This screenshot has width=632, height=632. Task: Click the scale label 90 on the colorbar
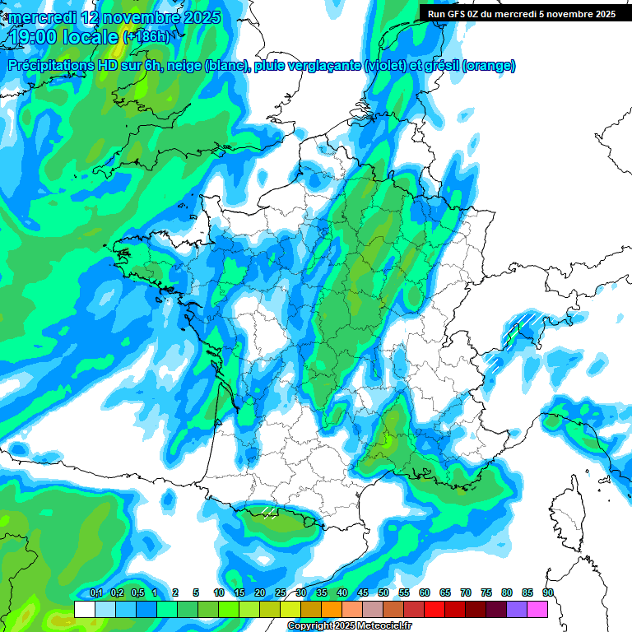coord(548,592)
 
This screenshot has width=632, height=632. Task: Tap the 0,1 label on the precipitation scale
coord(96,592)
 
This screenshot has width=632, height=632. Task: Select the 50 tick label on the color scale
coord(383,592)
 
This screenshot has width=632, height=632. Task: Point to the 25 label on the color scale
coord(281,592)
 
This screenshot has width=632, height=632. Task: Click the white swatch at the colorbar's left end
coord(84,609)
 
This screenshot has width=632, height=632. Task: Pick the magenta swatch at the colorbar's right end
coord(537,609)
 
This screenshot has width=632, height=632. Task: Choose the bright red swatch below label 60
coord(434,609)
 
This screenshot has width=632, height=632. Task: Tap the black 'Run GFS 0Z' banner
coord(518,13)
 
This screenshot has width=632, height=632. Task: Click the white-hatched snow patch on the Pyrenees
coord(267,511)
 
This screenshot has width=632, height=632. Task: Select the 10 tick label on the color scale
coord(219,592)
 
